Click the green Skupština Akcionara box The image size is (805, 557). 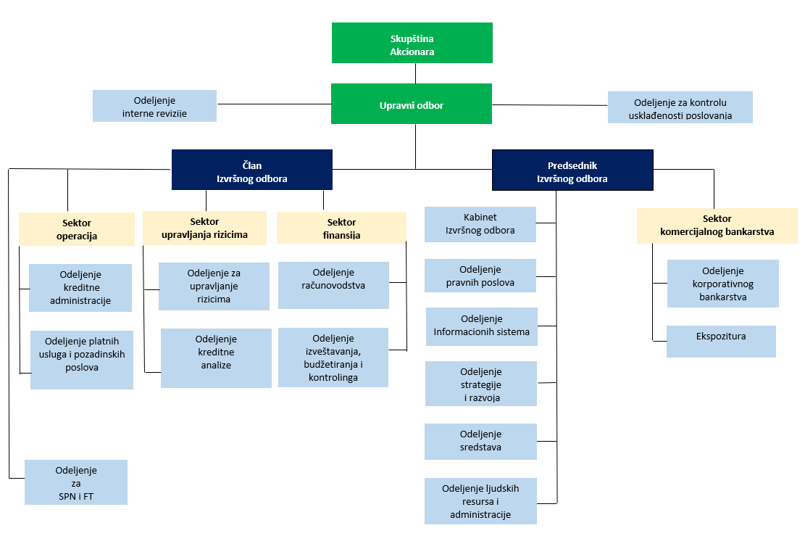412,43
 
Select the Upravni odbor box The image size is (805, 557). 412,104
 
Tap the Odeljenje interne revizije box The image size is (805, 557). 154,106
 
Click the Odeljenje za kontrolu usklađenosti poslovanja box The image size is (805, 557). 680,107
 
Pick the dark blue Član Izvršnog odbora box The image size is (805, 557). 252,170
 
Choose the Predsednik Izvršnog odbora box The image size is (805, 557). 572,170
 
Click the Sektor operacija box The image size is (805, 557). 77,229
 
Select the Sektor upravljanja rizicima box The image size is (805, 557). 205,228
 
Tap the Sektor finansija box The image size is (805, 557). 341,228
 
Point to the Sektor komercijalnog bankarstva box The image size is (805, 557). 717,226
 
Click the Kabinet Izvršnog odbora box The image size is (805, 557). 480,224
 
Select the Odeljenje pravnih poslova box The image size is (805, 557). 480,276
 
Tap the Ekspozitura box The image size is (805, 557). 721,341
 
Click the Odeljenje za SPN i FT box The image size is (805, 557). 76,482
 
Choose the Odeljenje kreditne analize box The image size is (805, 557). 216,358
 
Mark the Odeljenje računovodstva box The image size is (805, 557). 333,285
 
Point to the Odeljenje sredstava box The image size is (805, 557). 480,442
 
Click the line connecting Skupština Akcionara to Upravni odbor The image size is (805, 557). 415,73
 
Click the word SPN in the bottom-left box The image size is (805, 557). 67,496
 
